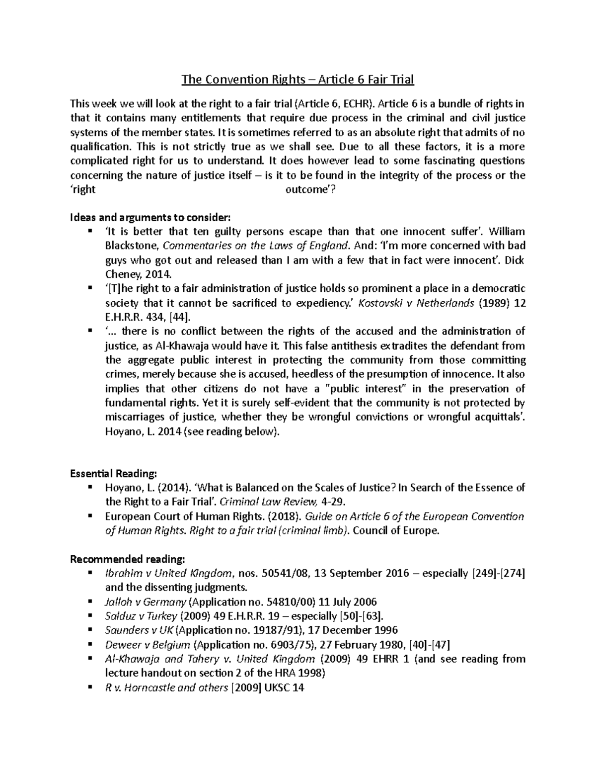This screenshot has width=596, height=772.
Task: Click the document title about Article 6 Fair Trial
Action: click(298, 80)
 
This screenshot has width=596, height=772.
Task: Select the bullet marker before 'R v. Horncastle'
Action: click(90, 687)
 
